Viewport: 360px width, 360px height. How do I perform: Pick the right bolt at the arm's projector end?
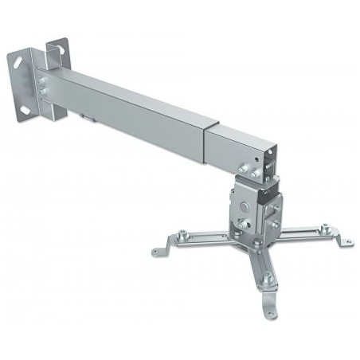(255, 171)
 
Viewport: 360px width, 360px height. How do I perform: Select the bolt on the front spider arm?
(267, 279)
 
